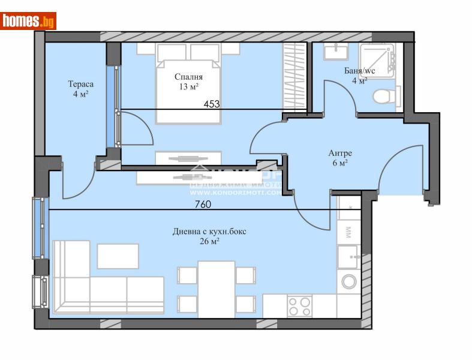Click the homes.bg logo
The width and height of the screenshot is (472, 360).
(29, 21)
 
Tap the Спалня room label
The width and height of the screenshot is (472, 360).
(188, 77)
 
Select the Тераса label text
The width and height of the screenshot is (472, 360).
(80, 84)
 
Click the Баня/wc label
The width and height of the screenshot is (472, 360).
(359, 71)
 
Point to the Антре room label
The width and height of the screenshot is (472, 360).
(339, 152)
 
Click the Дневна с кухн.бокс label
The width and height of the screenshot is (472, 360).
(209, 231)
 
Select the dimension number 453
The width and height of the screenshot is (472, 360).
(212, 104)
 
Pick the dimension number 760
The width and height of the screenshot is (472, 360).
(203, 204)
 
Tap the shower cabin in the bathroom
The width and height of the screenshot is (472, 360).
(378, 60)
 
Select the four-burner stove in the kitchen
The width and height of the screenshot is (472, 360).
(299, 306)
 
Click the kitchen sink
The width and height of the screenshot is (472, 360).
(348, 257)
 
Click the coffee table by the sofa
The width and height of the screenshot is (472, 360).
(118, 256)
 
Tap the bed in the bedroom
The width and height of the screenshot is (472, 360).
(188, 87)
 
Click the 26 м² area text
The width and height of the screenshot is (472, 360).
(209, 241)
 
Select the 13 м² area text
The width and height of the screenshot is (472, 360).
(188, 87)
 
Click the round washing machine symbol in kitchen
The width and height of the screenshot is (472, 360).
(348, 281)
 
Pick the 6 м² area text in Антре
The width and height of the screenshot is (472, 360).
(339, 163)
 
